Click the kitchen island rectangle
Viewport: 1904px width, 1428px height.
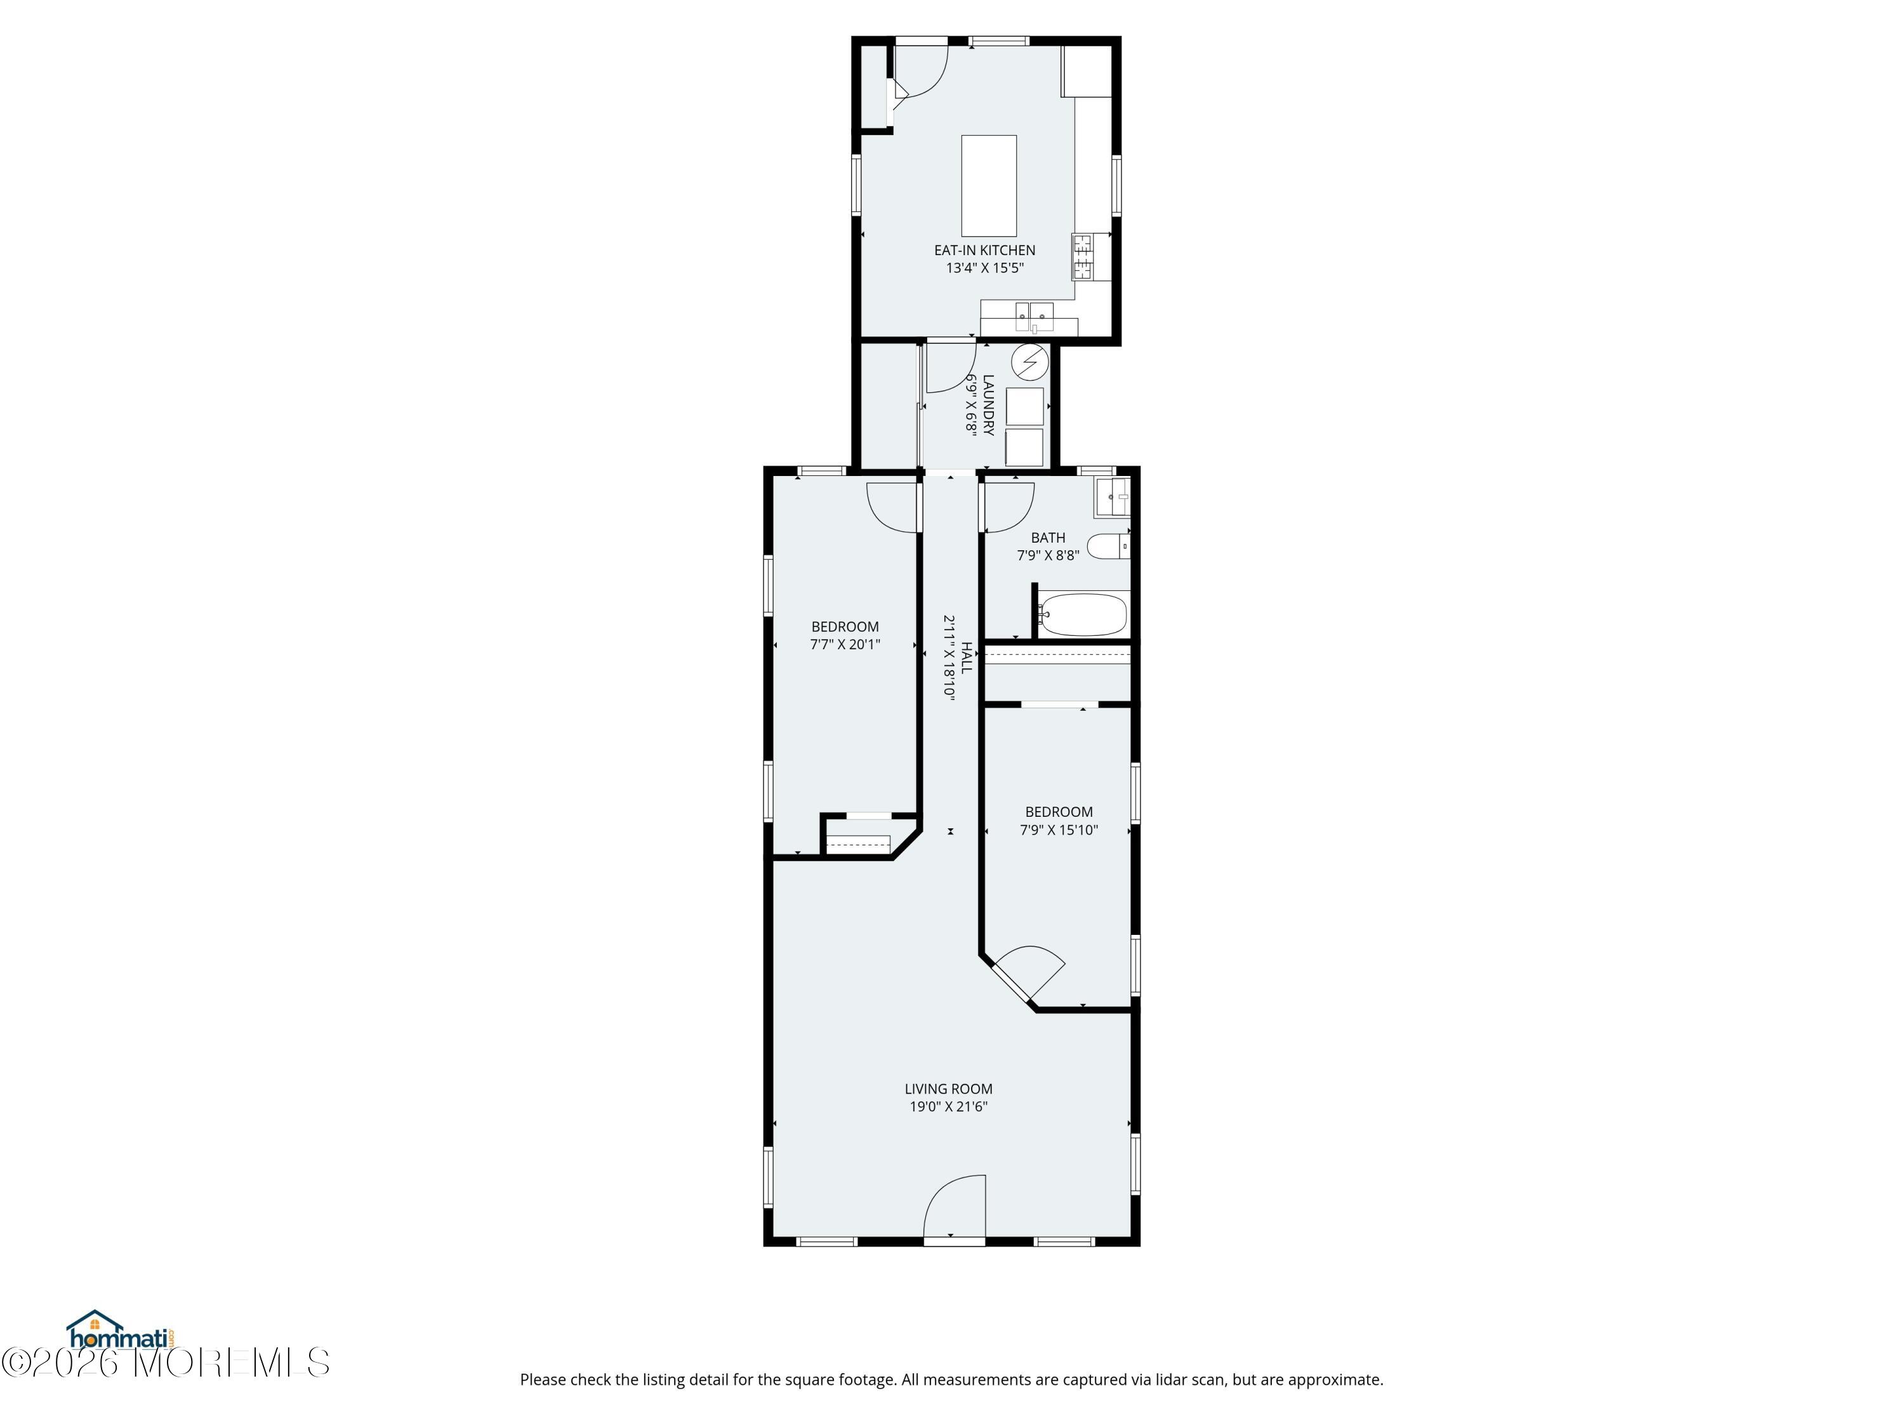pyautogui.click(x=988, y=185)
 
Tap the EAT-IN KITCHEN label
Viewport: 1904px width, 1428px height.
pyautogui.click(x=985, y=251)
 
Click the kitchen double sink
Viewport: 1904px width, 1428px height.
pyautogui.click(x=1034, y=317)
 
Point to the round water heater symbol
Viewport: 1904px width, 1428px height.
pyautogui.click(x=1029, y=362)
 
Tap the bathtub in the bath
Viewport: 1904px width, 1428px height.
pyautogui.click(x=1083, y=614)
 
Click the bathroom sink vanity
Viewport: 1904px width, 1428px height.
pyautogui.click(x=1112, y=498)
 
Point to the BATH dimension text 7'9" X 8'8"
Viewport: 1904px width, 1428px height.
pyautogui.click(x=1048, y=555)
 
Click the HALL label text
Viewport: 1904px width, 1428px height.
pyautogui.click(x=967, y=658)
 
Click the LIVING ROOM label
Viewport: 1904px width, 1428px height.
pyautogui.click(x=949, y=1089)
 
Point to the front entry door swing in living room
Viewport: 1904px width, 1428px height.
pyautogui.click(x=955, y=1205)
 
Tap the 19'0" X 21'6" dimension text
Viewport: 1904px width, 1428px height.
pyautogui.click(x=949, y=1107)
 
